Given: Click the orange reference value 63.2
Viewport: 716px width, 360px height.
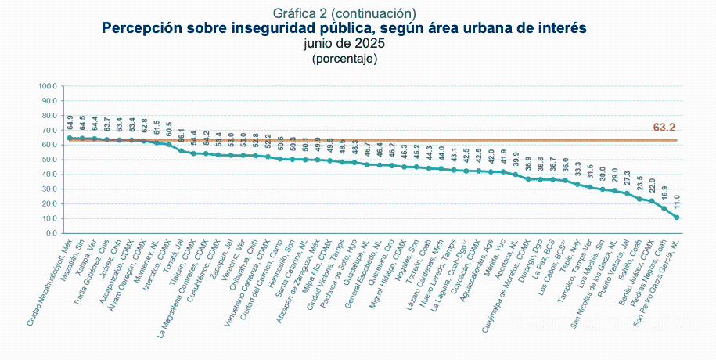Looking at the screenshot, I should [664, 127].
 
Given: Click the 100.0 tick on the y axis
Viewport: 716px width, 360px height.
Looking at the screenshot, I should [48, 86].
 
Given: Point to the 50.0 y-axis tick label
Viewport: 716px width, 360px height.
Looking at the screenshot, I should [49, 160].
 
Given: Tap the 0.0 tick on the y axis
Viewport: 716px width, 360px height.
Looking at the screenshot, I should [51, 233].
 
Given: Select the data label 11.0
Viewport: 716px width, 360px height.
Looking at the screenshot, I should [678, 200].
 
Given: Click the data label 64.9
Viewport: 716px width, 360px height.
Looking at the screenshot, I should [70, 121].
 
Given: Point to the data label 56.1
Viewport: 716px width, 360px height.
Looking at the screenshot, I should [182, 135].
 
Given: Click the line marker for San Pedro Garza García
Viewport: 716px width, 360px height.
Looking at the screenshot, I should [677, 217].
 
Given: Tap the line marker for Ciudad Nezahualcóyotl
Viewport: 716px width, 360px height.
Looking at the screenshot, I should [70, 138].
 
